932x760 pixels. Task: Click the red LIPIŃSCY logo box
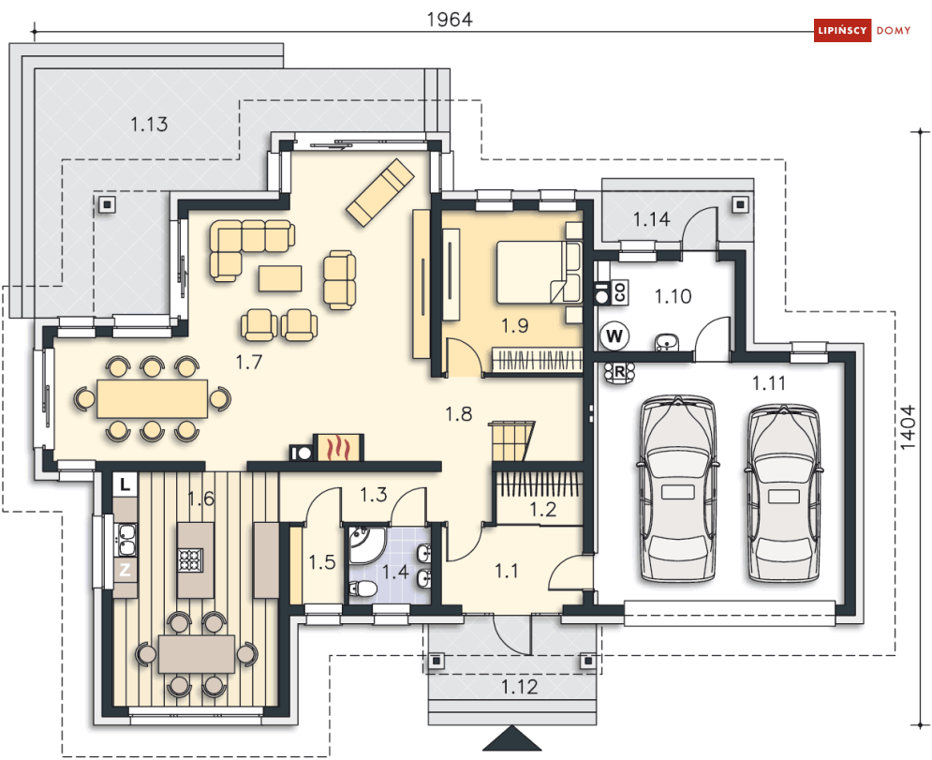[x=842, y=30]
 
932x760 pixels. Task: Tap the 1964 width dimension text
[x=450, y=20]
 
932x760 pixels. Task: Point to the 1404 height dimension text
[x=907, y=427]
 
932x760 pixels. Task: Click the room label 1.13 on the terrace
[x=149, y=125]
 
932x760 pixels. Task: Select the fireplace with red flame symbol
[x=337, y=447]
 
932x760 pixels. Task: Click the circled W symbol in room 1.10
[x=614, y=336]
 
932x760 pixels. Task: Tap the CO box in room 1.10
[x=619, y=292]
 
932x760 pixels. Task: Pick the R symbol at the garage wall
[x=619, y=372]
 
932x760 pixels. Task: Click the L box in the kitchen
[x=125, y=484]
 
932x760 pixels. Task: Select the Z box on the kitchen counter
[x=125, y=570]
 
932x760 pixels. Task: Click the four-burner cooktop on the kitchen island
[x=191, y=560]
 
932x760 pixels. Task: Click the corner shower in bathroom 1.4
[x=362, y=544]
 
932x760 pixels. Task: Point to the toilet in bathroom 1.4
[x=362, y=589]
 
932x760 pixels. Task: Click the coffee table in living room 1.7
[x=280, y=278]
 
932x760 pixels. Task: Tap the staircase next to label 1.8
[x=511, y=441]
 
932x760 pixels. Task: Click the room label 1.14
[x=651, y=219]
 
